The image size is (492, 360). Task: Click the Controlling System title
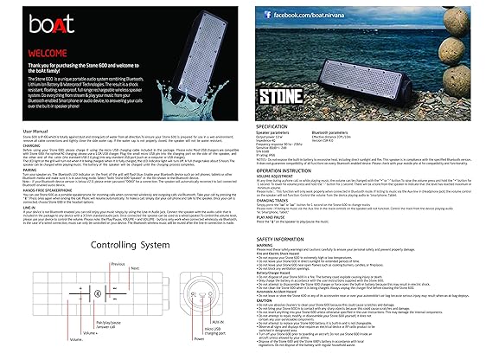128,246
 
